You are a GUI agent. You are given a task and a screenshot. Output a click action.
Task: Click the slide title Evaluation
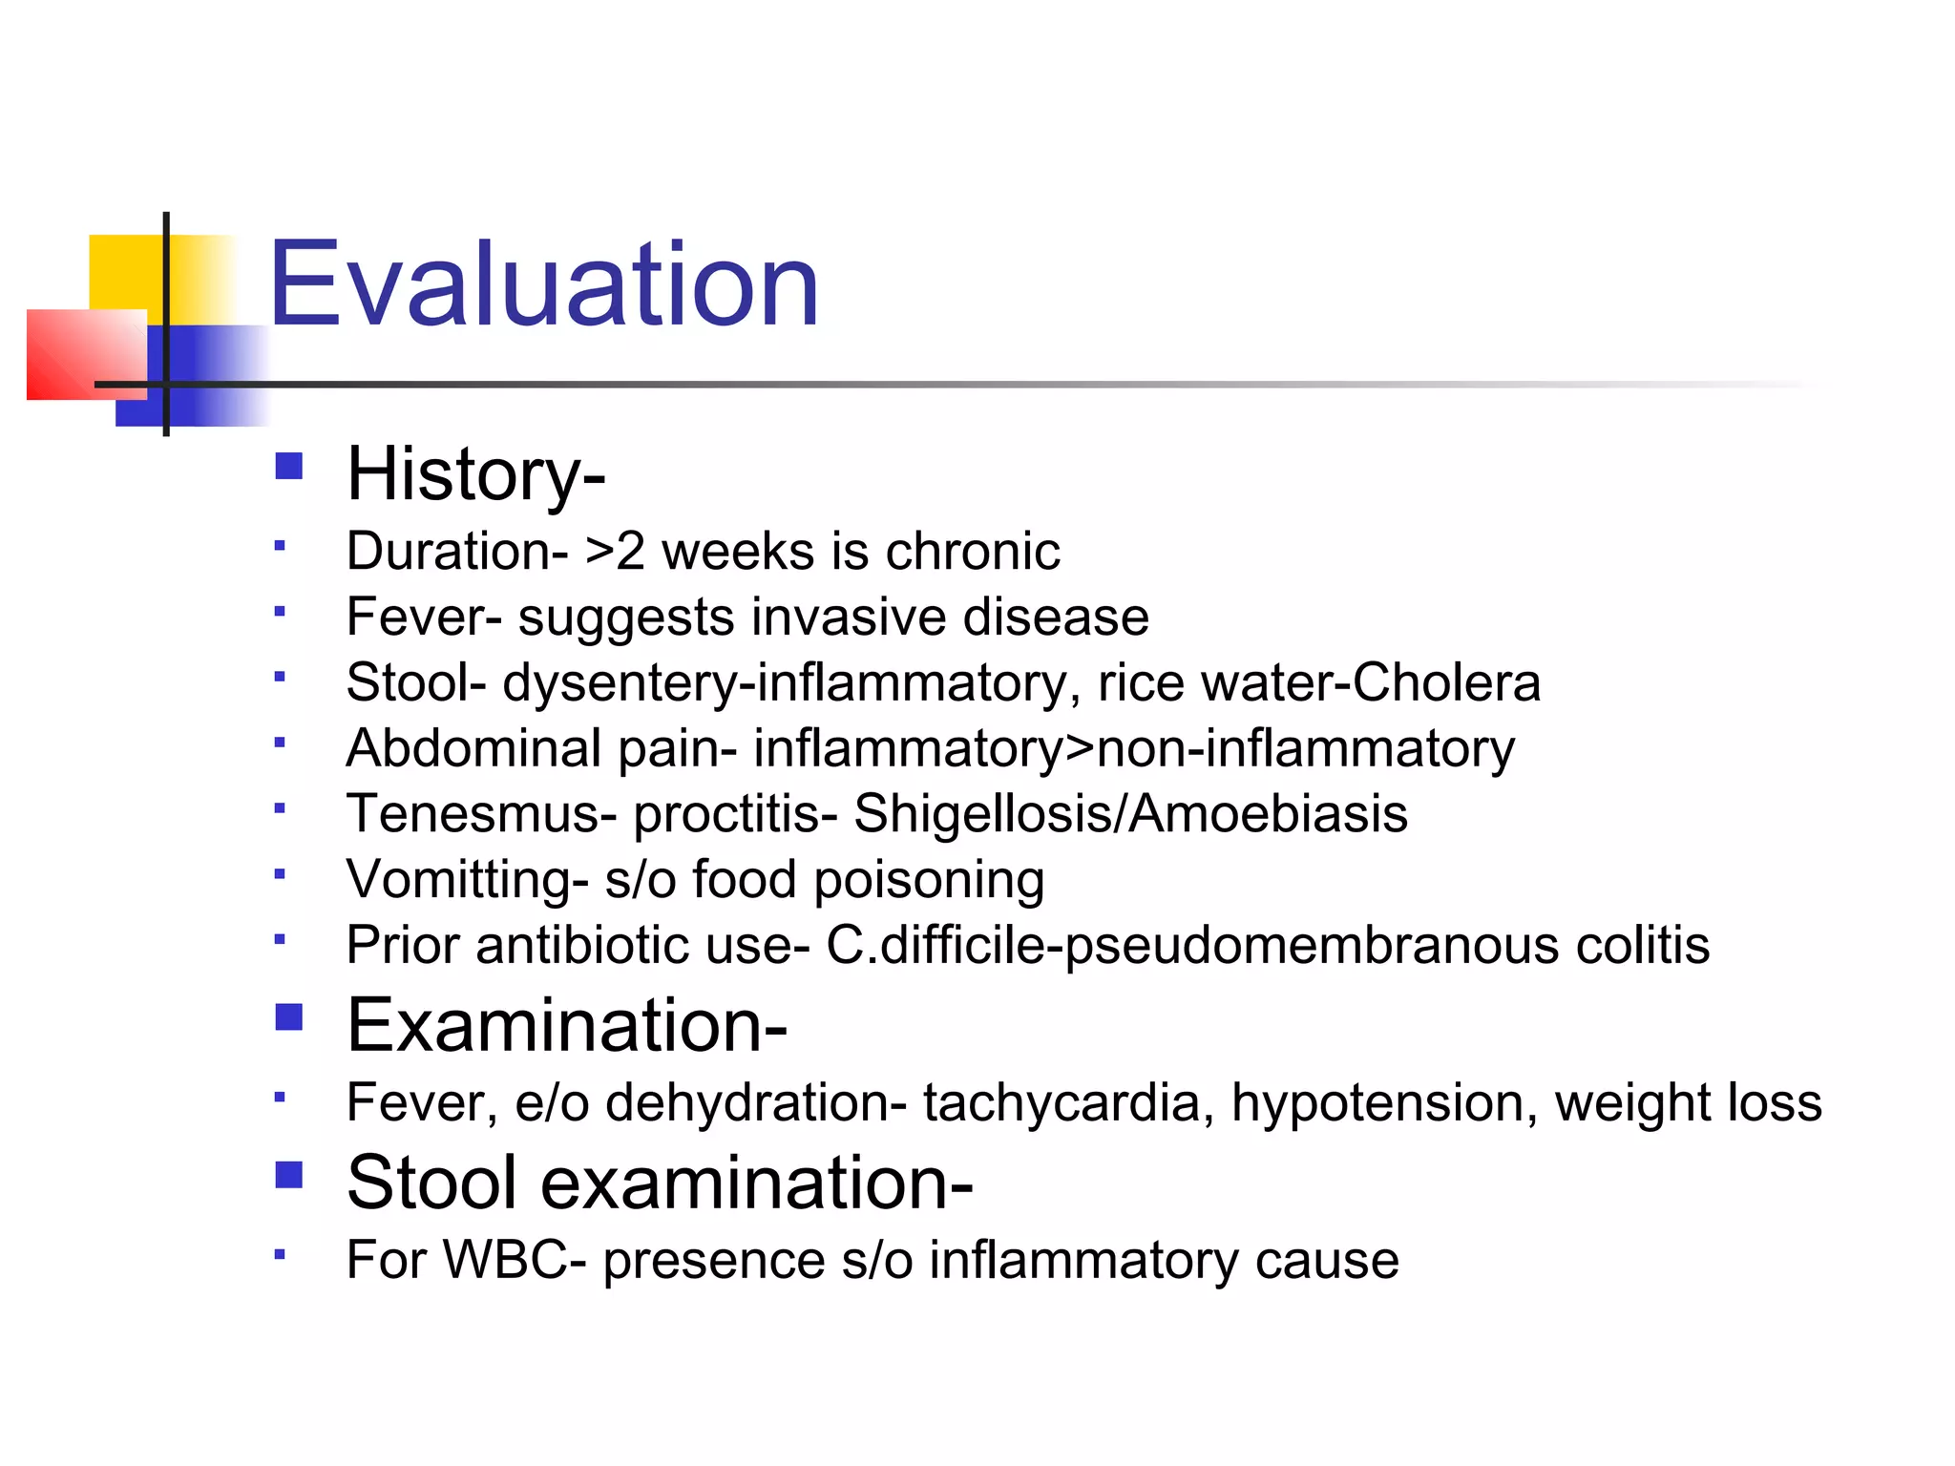[x=543, y=284]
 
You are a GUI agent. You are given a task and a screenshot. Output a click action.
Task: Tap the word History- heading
[x=475, y=473]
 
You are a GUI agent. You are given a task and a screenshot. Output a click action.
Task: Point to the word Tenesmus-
[x=481, y=814]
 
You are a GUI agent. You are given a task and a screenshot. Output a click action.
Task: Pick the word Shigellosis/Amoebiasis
[x=1130, y=814]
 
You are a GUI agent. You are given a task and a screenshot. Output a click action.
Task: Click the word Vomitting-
[x=467, y=879]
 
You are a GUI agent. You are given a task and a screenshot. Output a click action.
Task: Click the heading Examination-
[x=566, y=1025]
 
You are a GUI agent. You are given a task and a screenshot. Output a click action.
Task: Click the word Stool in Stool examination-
[x=435, y=1183]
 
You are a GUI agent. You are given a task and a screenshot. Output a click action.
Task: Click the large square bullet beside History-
[x=288, y=467]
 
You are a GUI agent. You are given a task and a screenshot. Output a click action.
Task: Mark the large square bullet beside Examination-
[x=288, y=1017]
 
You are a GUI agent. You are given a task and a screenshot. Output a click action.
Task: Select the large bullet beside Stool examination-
[x=288, y=1175]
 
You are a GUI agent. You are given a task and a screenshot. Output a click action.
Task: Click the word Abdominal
[x=473, y=748]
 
